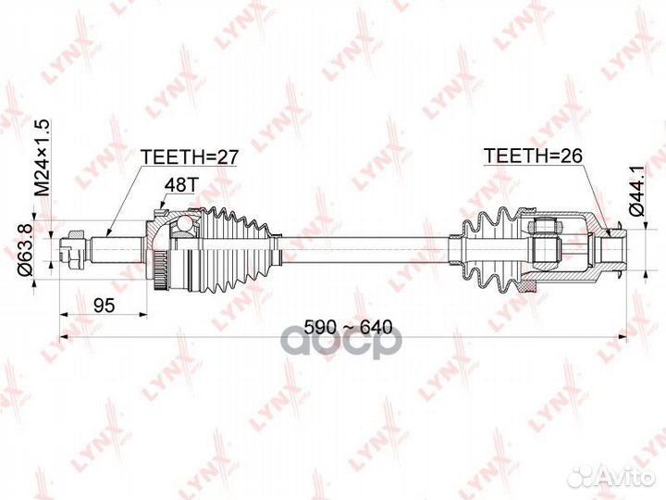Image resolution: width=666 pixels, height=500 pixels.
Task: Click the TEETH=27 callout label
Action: click(189, 157)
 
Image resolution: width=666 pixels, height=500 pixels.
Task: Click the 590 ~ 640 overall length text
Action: click(350, 327)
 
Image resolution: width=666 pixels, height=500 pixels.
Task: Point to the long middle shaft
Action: click(361, 248)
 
